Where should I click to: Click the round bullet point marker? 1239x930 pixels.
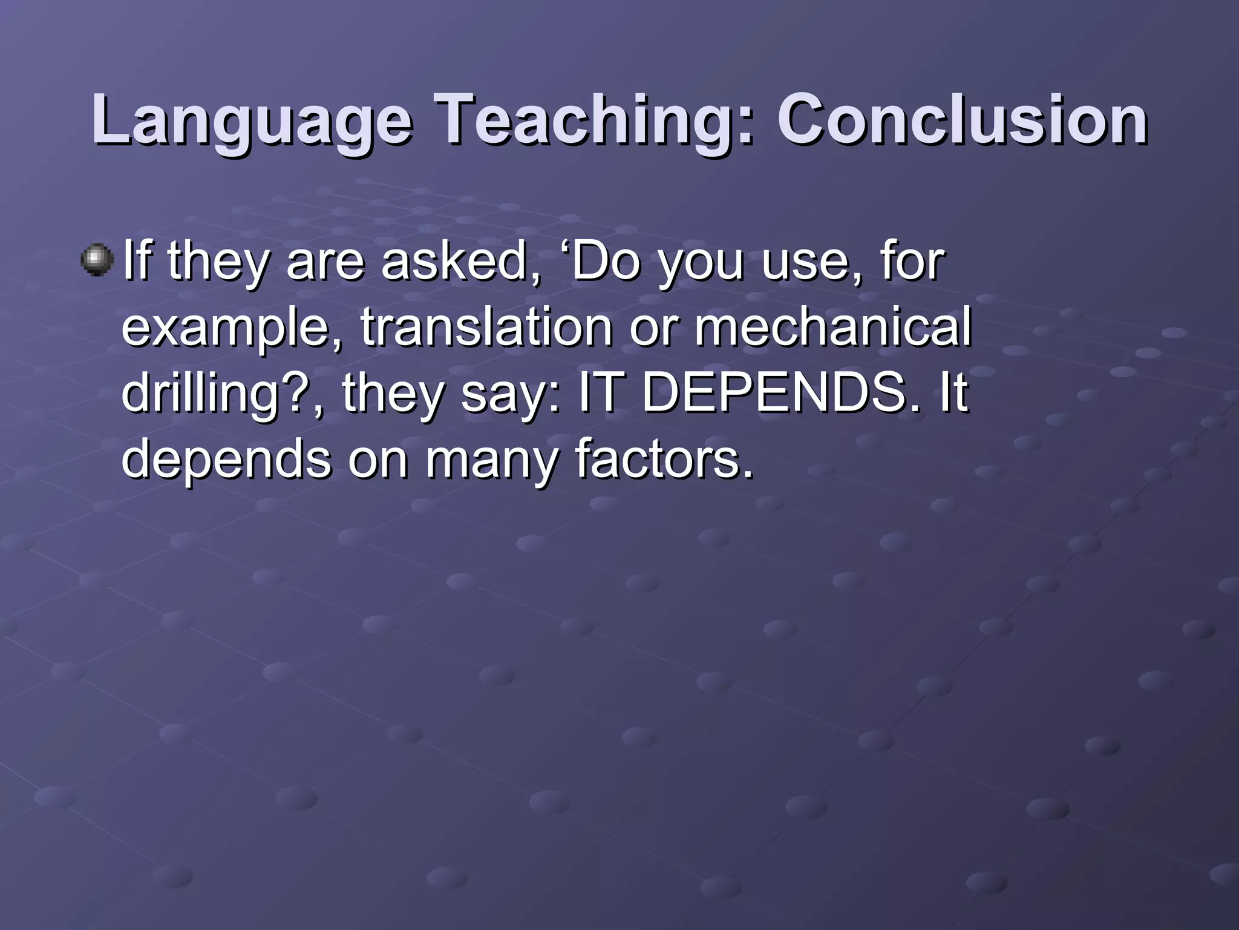(97, 260)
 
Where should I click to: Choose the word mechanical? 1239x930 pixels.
(832, 327)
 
